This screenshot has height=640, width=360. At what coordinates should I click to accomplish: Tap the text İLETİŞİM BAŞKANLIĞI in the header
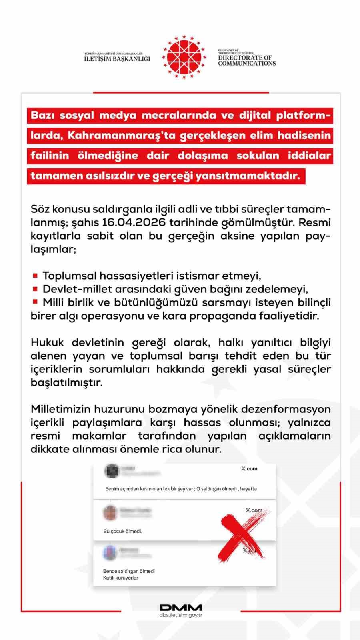click(x=117, y=58)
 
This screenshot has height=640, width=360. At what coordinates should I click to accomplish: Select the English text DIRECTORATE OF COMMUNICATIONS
click(x=247, y=60)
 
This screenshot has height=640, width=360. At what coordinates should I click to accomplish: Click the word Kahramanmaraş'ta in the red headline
click(x=122, y=135)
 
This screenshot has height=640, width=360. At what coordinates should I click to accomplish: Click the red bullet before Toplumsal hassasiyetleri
click(x=35, y=276)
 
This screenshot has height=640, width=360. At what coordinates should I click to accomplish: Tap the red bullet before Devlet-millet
click(x=35, y=289)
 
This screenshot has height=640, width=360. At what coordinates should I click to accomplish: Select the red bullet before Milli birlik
click(x=35, y=302)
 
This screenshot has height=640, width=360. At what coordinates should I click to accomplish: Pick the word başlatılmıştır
click(x=66, y=382)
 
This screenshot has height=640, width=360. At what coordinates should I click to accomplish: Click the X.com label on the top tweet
click(x=249, y=469)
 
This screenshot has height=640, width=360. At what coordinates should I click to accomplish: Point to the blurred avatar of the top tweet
click(x=112, y=471)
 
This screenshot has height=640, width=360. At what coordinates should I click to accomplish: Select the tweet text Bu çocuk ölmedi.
click(x=123, y=531)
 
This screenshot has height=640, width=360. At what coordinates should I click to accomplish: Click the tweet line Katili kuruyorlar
click(x=120, y=578)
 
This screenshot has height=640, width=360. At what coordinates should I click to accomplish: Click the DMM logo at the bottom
click(x=181, y=608)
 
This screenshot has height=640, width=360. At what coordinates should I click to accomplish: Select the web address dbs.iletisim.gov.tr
click(x=181, y=615)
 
